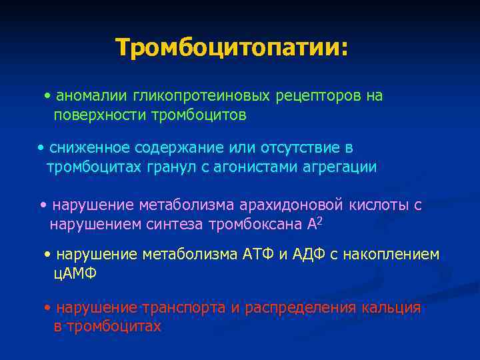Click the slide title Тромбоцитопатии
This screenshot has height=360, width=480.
click(x=231, y=47)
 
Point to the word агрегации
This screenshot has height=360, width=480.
click(x=339, y=167)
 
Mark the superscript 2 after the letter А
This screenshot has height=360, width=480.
click(x=320, y=221)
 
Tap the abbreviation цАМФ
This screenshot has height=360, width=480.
click(x=75, y=273)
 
